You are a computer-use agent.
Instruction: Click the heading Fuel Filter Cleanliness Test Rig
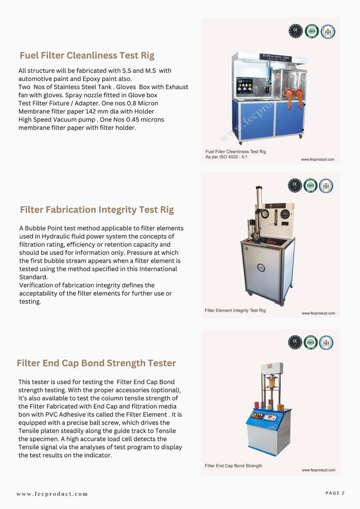pos(87,55)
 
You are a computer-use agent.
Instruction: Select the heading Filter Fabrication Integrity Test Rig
pos(96,210)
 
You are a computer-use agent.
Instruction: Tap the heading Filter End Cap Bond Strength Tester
pos(96,363)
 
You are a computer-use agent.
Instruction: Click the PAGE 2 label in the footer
pos(335,493)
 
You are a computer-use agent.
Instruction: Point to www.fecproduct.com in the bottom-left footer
pos(52,494)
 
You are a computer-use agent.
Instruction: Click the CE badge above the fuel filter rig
pos(295,31)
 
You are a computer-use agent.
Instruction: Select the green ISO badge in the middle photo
pos(311,185)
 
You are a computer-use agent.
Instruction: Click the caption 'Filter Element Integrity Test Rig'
pos(235,310)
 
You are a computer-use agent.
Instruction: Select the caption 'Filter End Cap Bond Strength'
pos(234,466)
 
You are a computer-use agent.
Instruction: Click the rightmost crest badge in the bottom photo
pos(326,343)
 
